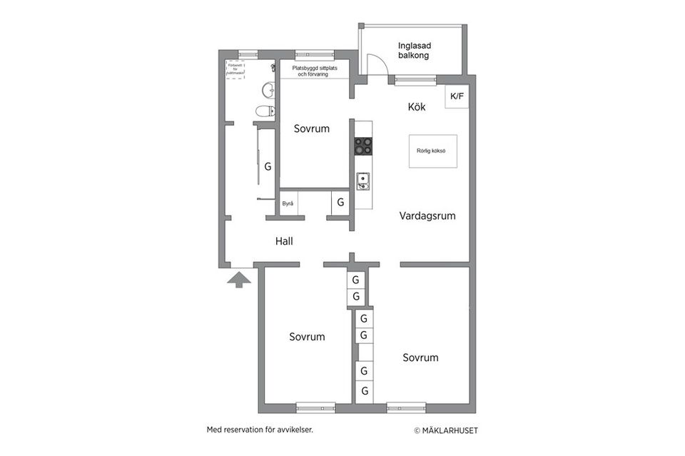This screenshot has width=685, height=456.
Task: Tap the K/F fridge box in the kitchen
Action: click(x=457, y=96)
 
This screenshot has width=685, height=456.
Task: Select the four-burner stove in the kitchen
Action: click(x=363, y=145)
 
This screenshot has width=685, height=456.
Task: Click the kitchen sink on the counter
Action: click(x=363, y=181)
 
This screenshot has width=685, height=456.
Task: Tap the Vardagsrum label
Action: click(x=427, y=216)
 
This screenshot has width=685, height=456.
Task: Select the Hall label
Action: click(x=284, y=241)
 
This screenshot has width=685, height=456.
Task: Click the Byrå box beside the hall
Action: click(x=288, y=203)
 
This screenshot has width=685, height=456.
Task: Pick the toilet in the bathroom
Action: click(x=265, y=111)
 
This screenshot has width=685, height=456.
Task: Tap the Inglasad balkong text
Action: click(x=415, y=51)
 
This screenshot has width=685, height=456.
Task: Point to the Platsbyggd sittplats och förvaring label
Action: click(x=314, y=70)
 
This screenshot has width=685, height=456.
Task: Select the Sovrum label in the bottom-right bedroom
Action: click(x=420, y=358)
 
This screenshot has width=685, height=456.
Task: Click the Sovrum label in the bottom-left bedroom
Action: click(x=307, y=337)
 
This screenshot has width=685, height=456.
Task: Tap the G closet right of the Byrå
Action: click(x=340, y=203)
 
